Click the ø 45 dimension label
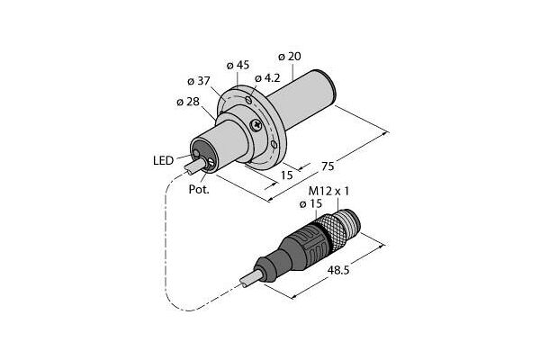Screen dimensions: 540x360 pos(238,65)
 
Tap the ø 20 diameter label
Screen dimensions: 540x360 pos(289,56)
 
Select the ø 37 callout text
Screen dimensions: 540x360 pos(199,81)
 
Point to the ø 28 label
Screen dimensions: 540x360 pos(188,102)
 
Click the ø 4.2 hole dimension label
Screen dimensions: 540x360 pos(267,78)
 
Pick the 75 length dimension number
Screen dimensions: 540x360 pos(328,166)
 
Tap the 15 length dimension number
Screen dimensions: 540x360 pos(286,175)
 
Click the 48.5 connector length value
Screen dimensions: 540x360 pos(338,270)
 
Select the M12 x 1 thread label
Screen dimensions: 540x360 pos(328,191)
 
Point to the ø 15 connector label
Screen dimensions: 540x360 pos(310,203)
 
